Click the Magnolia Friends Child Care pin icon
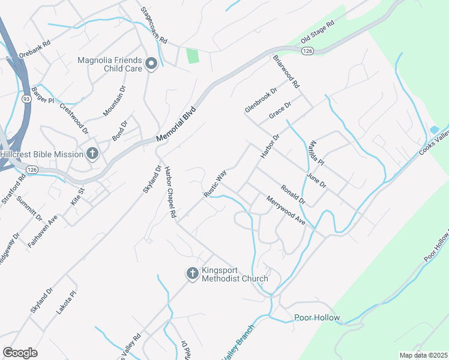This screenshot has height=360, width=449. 151,63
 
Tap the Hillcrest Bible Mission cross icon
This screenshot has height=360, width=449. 92,154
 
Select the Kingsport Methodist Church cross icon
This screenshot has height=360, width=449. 193,274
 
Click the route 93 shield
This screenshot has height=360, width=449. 26,98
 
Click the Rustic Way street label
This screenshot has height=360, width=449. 215,184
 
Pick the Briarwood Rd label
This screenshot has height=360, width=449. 286,72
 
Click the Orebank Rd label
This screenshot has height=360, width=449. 35,47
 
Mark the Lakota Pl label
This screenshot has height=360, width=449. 70,304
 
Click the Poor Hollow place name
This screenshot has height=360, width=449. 317,317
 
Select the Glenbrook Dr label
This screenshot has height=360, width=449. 261,100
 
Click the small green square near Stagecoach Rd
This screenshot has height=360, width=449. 192,56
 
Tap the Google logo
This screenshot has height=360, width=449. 20,353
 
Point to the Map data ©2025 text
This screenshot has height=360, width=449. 423,355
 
